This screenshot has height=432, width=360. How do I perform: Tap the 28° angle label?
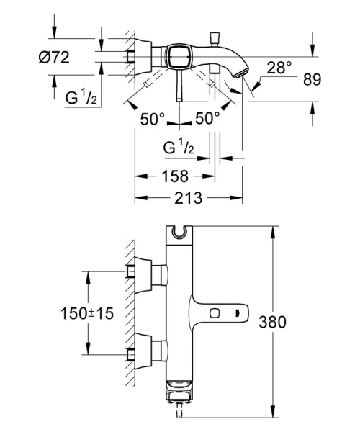pos(279,68)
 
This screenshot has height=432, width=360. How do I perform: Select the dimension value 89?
pos(332,78)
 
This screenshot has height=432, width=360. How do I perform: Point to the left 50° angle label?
pos(152,119)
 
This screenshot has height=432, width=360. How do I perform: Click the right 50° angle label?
pos(207,119)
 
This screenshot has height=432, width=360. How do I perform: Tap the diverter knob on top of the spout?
pos(214,36)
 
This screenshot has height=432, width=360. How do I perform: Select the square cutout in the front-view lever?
pos(215,313)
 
